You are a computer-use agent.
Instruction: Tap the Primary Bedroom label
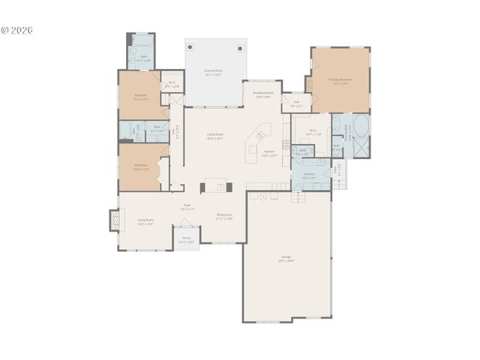point(340,80)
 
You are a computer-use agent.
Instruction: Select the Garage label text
point(286,259)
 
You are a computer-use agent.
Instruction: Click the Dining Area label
point(223,217)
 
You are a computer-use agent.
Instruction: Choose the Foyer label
point(187,207)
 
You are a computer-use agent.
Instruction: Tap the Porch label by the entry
point(187,241)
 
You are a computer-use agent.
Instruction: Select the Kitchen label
point(269,154)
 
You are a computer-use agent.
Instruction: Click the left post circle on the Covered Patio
point(190,47)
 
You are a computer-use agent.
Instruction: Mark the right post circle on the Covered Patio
point(241,47)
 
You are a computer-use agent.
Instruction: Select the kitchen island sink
point(260,136)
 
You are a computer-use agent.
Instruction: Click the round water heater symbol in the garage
point(262,196)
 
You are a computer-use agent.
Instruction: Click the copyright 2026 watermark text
point(16,31)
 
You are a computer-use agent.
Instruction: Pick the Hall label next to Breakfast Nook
point(297,103)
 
